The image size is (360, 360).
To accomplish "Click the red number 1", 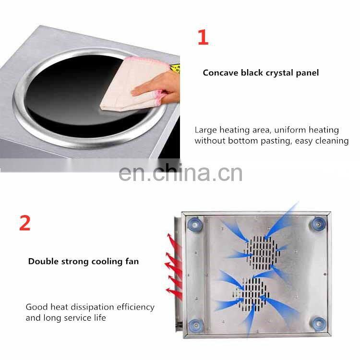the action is [203, 37].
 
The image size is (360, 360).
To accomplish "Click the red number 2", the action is [25, 222].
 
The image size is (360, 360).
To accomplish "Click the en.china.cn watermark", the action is [180, 173].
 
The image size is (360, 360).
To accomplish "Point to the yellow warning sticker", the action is [175, 69].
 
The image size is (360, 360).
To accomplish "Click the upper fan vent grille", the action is [262, 253].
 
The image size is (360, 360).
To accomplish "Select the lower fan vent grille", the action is [252, 295].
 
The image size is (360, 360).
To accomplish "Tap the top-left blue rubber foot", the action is [195, 224].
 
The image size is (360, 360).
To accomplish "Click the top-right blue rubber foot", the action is [318, 224].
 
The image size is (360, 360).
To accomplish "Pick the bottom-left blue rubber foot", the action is [196, 325].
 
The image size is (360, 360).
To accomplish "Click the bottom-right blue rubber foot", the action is [318, 324].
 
